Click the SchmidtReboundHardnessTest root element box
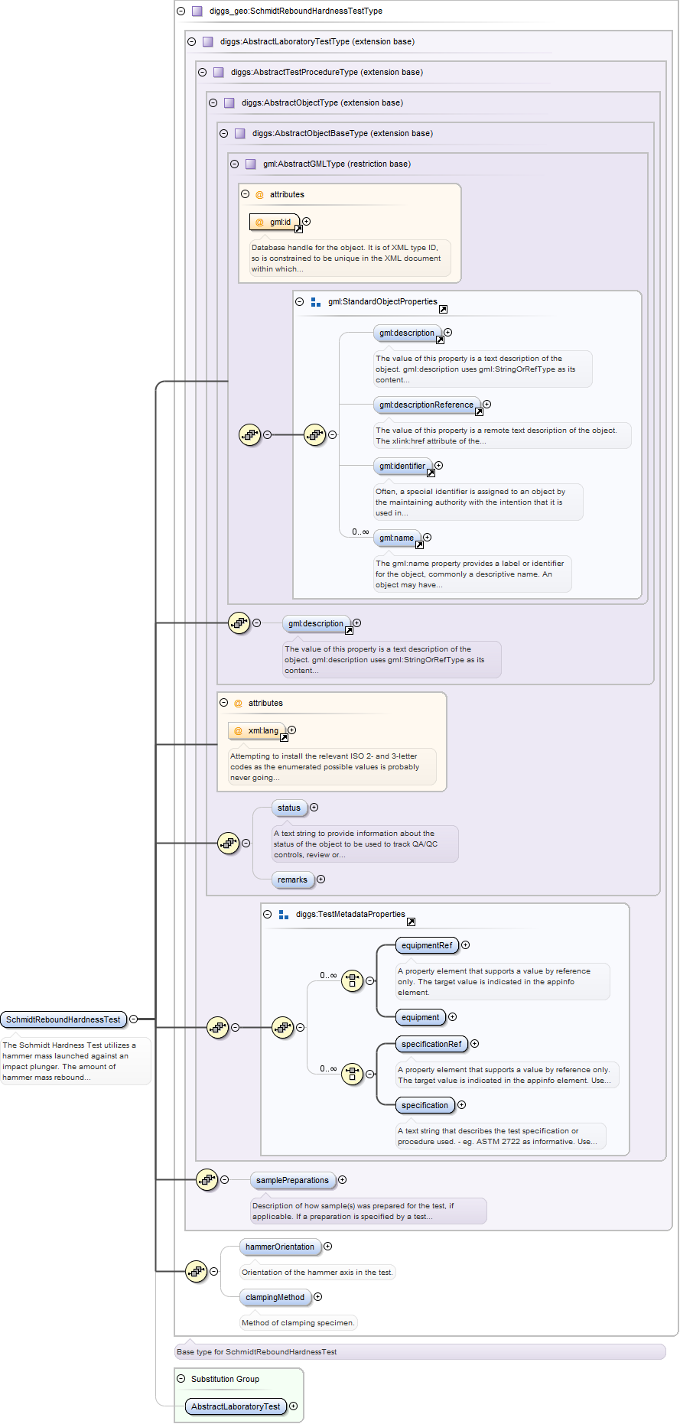(x=63, y=1019)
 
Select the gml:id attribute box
(x=274, y=222)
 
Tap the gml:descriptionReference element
(x=426, y=405)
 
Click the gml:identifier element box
(x=402, y=466)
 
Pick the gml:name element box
(x=396, y=538)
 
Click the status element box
(x=289, y=808)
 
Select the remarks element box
(x=292, y=879)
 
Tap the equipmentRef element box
(x=427, y=945)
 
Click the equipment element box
(x=420, y=1017)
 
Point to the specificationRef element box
(x=431, y=1044)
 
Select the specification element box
(x=425, y=1105)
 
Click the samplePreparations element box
(x=292, y=1180)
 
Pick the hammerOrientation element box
(x=280, y=1247)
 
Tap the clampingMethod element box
(x=275, y=1297)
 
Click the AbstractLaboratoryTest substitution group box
(x=236, y=1406)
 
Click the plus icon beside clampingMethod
(x=318, y=1297)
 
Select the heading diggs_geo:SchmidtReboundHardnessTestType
(x=295, y=11)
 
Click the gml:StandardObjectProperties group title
(x=382, y=301)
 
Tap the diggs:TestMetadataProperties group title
(x=350, y=914)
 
